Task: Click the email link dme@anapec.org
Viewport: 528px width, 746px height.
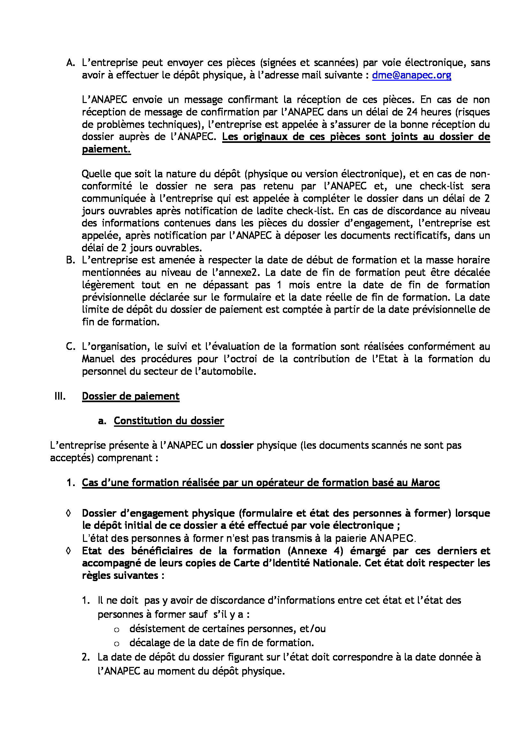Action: pyautogui.click(x=411, y=75)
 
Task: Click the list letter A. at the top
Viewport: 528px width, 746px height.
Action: pyautogui.click(x=70, y=63)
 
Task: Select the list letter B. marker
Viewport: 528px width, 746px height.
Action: pyautogui.click(x=70, y=260)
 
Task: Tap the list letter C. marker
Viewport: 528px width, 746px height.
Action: pyautogui.click(x=70, y=347)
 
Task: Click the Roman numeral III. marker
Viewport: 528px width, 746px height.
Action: pyautogui.click(x=60, y=396)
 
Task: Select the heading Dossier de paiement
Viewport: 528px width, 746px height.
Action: pyautogui.click(x=130, y=396)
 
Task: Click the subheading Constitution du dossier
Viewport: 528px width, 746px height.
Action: pyautogui.click(x=169, y=421)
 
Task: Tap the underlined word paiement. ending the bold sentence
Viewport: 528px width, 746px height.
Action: pyautogui.click(x=106, y=149)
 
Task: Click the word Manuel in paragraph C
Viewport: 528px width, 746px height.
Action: pyautogui.click(x=98, y=359)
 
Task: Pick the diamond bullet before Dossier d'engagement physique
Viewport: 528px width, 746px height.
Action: pyautogui.click(x=68, y=513)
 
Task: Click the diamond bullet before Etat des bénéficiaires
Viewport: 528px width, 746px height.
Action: pyautogui.click(x=68, y=551)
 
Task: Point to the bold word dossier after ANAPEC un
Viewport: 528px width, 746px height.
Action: pyautogui.click(x=237, y=446)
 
